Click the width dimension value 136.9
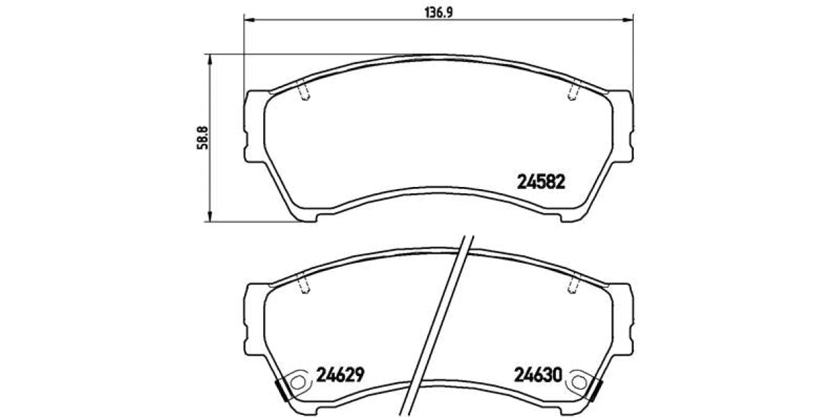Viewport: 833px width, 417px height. (439, 10)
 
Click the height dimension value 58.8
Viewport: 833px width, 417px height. (201, 138)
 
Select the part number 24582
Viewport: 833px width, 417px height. (542, 183)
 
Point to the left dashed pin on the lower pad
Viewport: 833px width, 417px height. (303, 284)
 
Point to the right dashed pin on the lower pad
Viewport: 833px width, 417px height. (573, 284)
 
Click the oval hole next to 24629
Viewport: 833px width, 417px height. (299, 381)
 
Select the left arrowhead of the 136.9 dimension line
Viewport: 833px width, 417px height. (248, 19)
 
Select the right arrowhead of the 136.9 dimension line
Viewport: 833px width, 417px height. (630, 19)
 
